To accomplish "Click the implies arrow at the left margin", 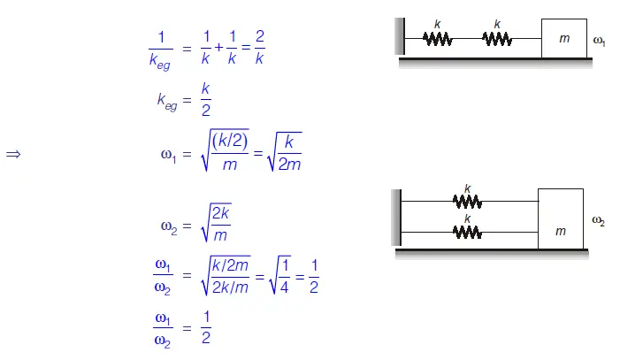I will point(13,154).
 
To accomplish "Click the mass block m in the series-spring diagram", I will point(563,39).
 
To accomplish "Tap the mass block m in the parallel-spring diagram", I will point(561,218).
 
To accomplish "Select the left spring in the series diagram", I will point(437,39).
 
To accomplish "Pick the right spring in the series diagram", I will point(497,39).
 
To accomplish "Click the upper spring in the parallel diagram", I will point(467,201).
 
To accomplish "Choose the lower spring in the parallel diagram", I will point(467,232).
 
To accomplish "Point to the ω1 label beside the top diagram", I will point(599,41).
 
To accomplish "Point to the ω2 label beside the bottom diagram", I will point(599,220).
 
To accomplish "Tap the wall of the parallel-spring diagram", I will point(397,218).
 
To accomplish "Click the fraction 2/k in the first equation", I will point(258,47).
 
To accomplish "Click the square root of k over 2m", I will point(285,153).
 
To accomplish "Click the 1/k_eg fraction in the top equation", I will point(161,48).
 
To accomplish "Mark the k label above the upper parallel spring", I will point(467,188).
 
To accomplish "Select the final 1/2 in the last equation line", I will point(206,326).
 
